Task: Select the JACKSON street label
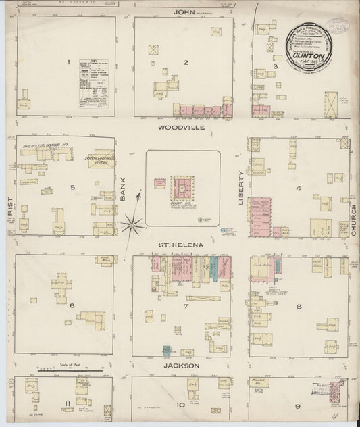(182, 366)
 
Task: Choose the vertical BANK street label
(124, 192)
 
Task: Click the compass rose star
(134, 220)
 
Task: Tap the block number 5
(72, 187)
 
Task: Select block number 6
(70, 305)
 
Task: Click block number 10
(181, 405)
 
